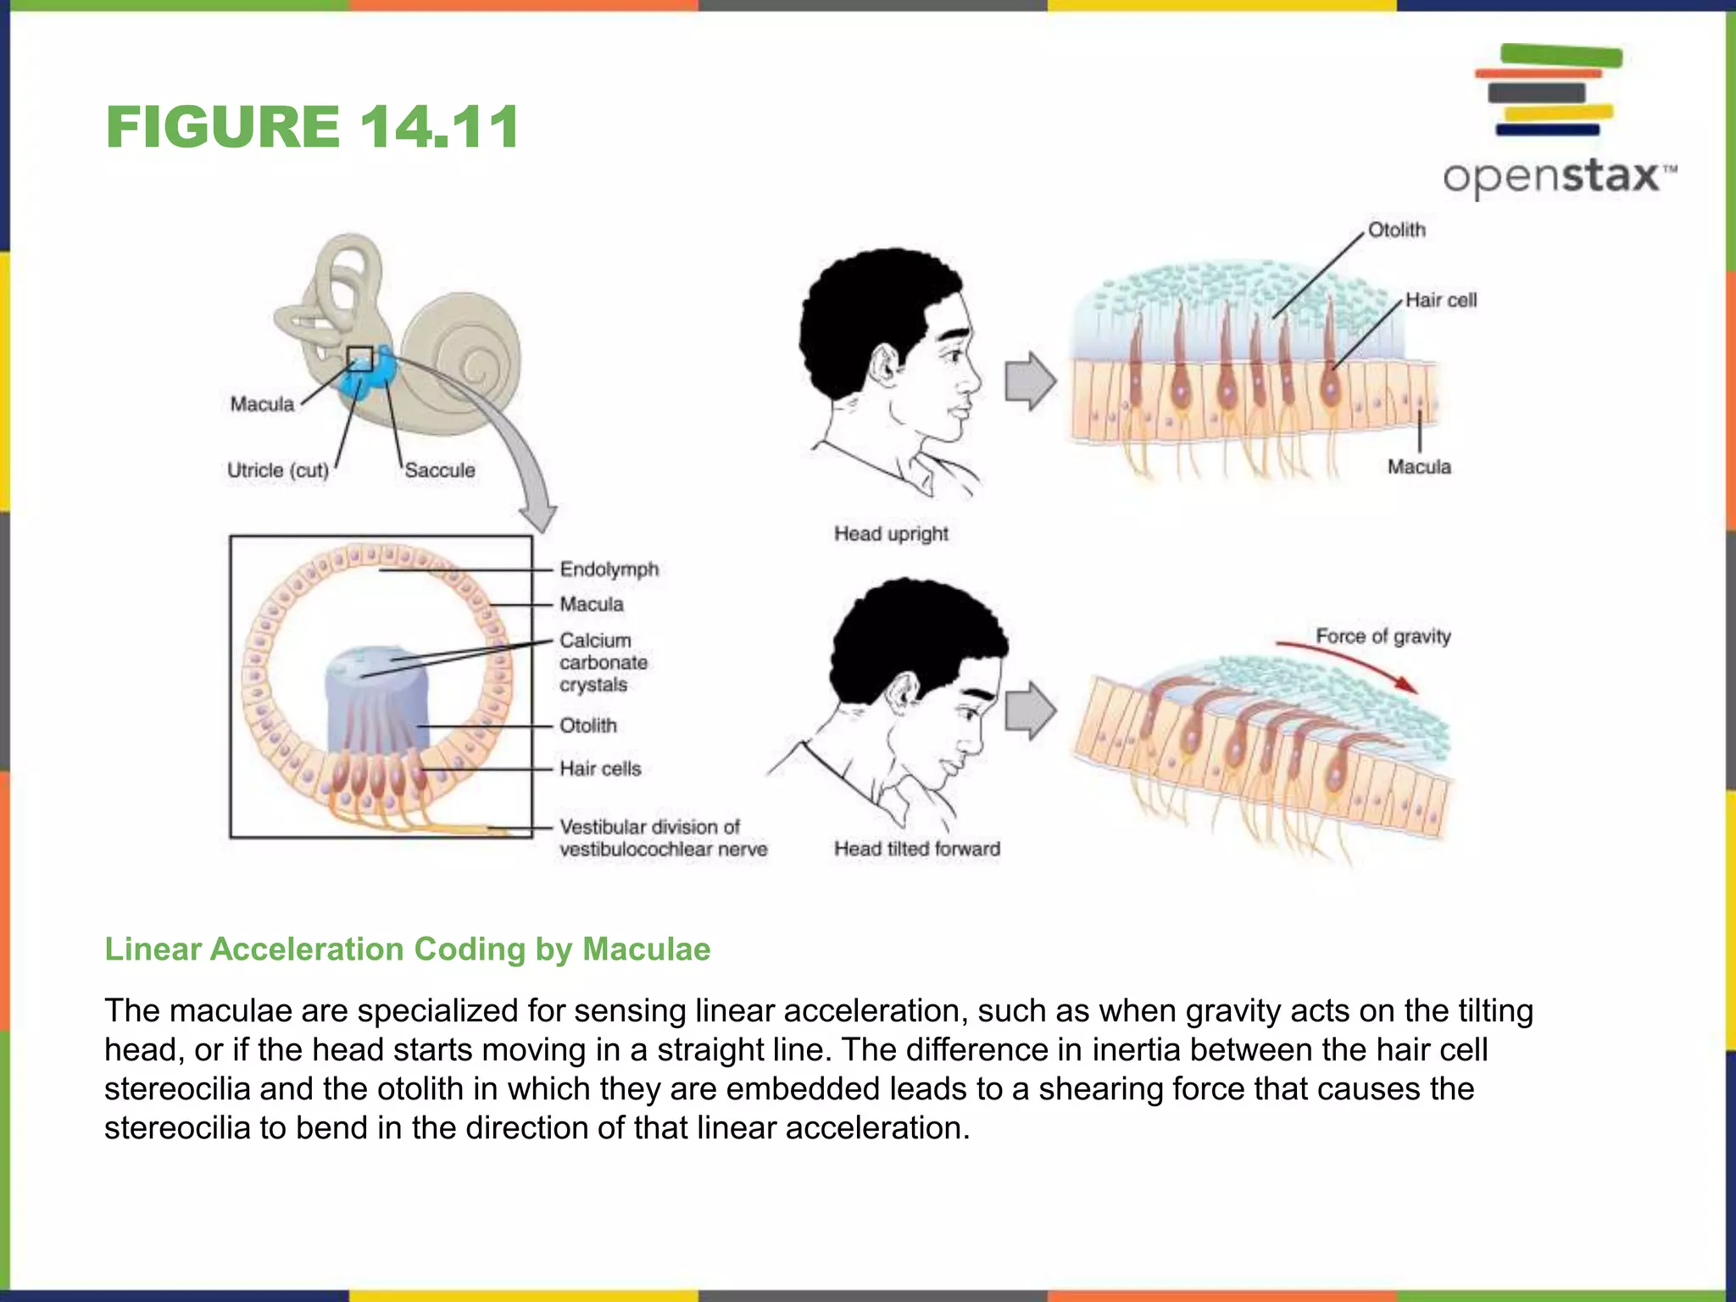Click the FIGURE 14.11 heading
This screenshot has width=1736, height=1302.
tap(312, 127)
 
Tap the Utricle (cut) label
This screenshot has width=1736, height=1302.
tap(277, 470)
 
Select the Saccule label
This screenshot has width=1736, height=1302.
tap(439, 470)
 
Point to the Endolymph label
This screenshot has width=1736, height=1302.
tap(609, 569)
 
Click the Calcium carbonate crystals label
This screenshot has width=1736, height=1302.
tap(603, 662)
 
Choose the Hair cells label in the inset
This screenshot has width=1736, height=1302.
tap(600, 769)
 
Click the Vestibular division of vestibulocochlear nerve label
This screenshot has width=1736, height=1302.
tap(662, 837)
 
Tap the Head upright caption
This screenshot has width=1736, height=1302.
tap(891, 534)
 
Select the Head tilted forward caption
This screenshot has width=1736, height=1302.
tap(916, 849)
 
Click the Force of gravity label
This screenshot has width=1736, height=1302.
tap(1383, 636)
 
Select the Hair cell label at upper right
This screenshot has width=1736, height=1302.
tap(1440, 300)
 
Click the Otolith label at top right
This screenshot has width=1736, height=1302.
tap(1396, 230)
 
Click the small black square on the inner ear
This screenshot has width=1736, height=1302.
tap(360, 358)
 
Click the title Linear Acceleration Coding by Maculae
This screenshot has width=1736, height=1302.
tap(407, 949)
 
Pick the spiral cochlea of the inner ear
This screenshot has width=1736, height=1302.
tap(462, 356)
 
